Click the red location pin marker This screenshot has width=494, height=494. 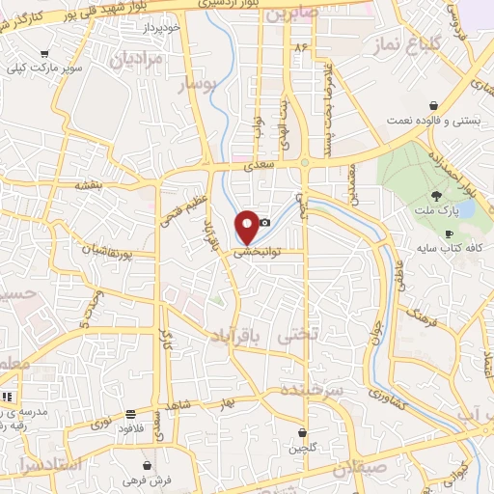point(248,225)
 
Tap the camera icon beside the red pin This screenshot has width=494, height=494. point(264,223)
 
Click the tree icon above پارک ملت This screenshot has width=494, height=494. point(437,195)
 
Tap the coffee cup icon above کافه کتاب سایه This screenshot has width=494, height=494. point(449,234)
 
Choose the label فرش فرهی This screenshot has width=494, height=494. point(146,479)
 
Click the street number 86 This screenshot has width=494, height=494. point(301,45)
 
